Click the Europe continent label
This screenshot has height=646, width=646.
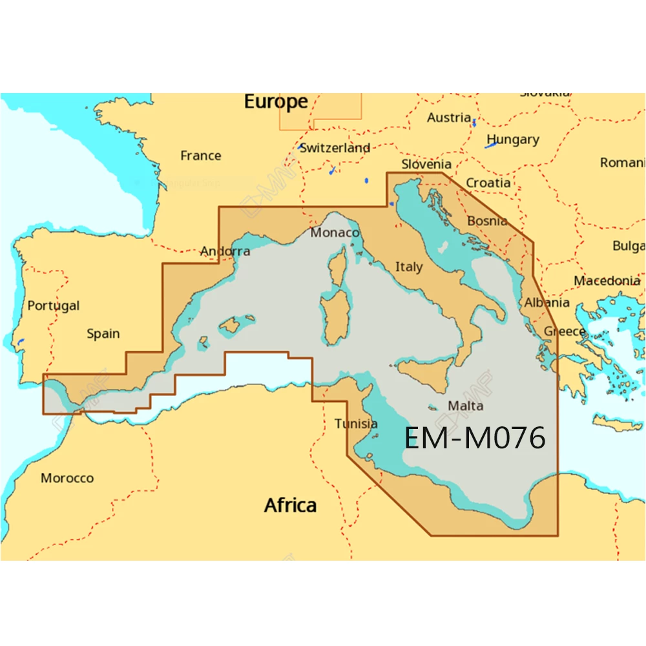coord(276,102)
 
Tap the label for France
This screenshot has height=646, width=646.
coord(200,156)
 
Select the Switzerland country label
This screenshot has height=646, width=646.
coord(335,148)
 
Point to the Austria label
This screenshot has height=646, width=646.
coord(449,118)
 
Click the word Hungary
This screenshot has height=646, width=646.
coord(512,140)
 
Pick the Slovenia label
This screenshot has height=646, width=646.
coord(426,164)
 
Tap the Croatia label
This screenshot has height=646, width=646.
coord(488,183)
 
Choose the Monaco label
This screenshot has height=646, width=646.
coord(335,233)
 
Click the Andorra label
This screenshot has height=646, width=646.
coord(225,251)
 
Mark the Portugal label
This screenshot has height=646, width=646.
coord(54,306)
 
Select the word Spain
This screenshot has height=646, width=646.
coord(103,334)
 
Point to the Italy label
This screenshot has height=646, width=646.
coord(409,266)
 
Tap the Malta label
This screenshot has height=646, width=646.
coord(465,406)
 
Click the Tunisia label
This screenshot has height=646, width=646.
coord(356,424)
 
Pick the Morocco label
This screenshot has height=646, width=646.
coord(67,478)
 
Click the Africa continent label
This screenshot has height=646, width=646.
coord(290,505)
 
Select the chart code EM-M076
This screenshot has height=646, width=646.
coord(475,439)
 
